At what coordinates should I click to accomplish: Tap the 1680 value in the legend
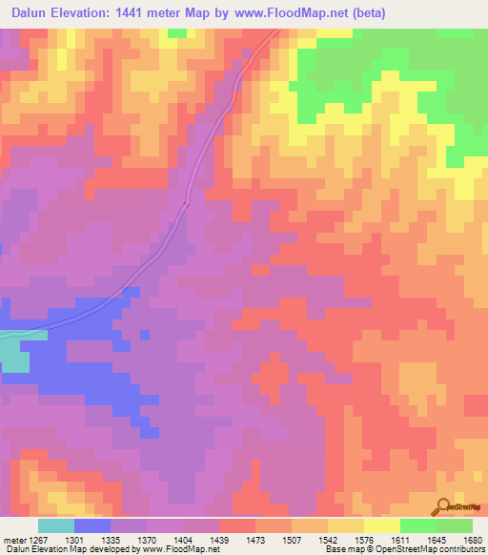point(473,539)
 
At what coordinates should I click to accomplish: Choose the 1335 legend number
point(110,539)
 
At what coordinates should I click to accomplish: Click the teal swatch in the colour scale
point(55,525)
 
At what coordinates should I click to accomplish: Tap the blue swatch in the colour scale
point(91,525)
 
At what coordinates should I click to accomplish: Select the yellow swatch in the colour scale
point(381,525)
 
